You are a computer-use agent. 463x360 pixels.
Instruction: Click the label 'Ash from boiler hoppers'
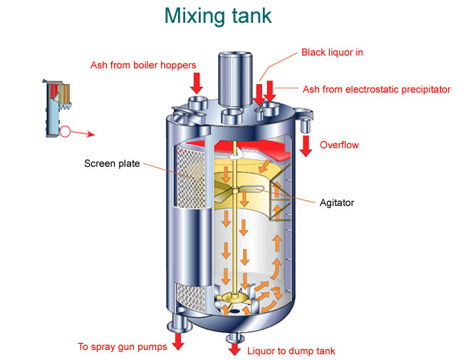(x=143, y=66)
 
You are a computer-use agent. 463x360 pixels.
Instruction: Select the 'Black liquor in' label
(x=333, y=52)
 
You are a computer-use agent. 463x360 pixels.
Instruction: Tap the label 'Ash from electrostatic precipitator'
(x=376, y=89)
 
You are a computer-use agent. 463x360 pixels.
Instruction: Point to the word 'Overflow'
(x=339, y=145)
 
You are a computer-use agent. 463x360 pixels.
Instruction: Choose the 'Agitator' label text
(x=337, y=202)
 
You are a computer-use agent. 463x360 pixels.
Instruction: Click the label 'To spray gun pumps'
(x=123, y=347)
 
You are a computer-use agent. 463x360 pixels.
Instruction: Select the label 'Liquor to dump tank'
(x=291, y=351)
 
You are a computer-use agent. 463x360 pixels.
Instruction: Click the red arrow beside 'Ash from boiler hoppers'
(x=197, y=80)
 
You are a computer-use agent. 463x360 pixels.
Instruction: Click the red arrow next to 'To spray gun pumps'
(x=177, y=341)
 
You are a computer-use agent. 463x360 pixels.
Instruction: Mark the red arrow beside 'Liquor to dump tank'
(x=234, y=348)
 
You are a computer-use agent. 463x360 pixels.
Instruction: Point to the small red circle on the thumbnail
(x=66, y=131)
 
